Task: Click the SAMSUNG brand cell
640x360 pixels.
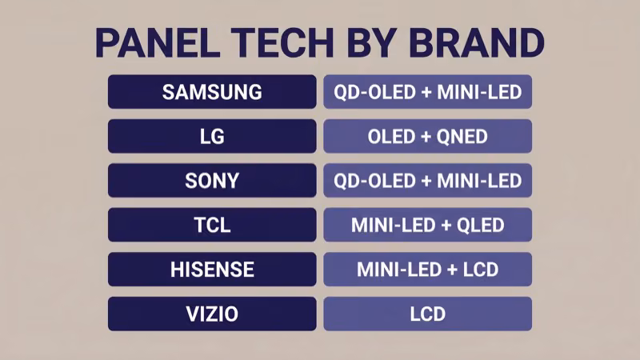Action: click(212, 92)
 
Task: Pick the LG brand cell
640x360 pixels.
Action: click(212, 136)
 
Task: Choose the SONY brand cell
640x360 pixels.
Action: click(212, 181)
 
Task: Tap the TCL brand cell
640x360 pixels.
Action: click(212, 225)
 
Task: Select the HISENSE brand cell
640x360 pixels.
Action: click(212, 270)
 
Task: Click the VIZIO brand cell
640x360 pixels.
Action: click(212, 314)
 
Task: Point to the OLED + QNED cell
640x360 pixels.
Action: click(427, 136)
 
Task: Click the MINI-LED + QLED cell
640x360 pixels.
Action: click(427, 225)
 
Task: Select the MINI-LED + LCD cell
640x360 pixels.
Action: click(427, 270)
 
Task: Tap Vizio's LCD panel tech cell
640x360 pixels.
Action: click(427, 314)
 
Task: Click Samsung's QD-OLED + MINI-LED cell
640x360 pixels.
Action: click(427, 92)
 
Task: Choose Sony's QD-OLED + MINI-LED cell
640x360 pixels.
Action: click(427, 181)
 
